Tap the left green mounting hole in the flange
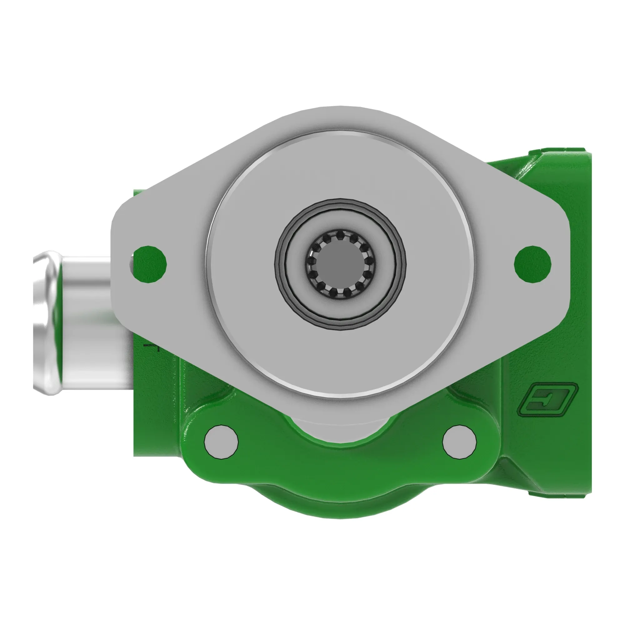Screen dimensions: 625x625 150,264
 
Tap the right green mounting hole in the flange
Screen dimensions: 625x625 532,264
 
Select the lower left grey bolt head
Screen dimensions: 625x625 222,442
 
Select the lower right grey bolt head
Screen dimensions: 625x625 459,442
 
